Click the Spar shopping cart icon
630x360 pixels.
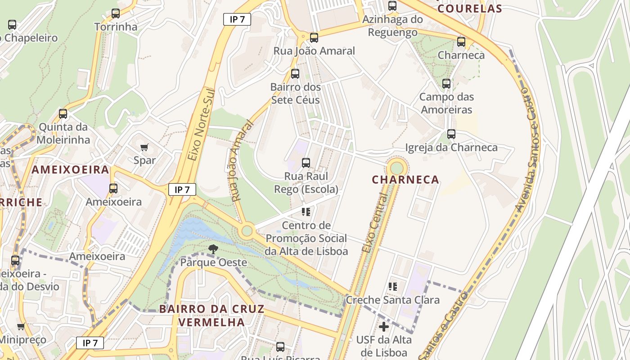(144, 147)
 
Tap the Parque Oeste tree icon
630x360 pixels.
(213, 249)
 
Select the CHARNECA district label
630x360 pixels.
(405, 180)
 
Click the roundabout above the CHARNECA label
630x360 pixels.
(397, 168)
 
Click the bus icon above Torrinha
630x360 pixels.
(116, 13)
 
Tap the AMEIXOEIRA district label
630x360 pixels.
(71, 170)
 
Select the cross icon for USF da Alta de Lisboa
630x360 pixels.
(383, 327)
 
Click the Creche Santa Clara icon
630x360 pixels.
(393, 286)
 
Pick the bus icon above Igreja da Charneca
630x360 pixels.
(451, 134)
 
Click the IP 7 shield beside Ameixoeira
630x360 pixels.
(182, 189)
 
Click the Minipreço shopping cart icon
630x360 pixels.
(21, 327)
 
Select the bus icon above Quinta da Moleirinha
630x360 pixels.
(63, 114)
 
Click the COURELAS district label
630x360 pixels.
(469, 9)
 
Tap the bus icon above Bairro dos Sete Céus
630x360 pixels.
(295, 74)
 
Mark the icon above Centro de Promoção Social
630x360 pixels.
(306, 211)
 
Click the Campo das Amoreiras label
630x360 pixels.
(446, 103)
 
